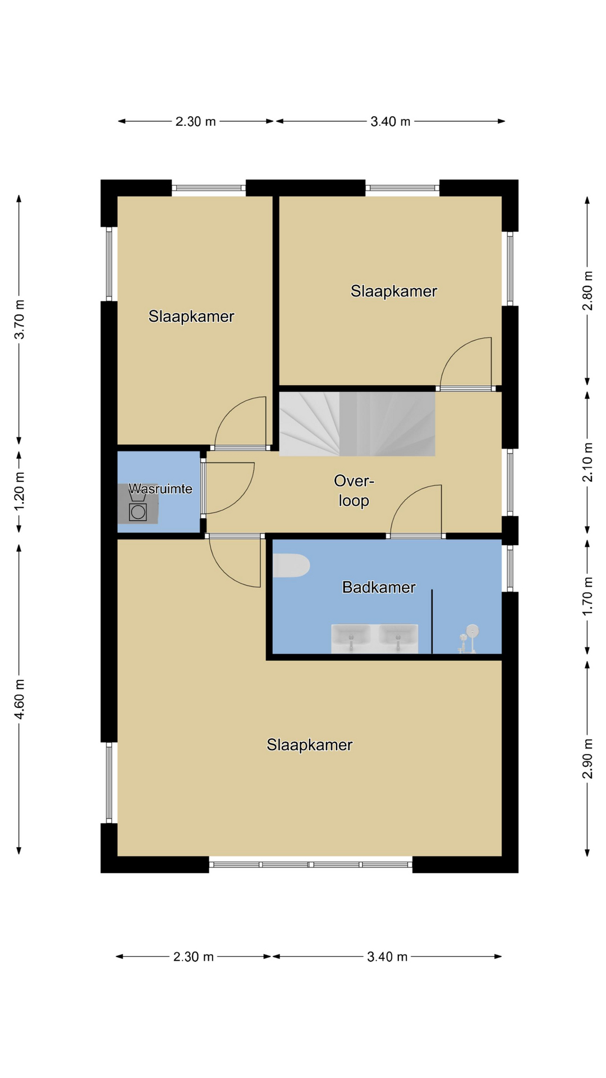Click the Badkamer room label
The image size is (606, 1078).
(x=379, y=587)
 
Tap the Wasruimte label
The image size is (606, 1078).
(x=160, y=489)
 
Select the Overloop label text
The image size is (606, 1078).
(x=354, y=491)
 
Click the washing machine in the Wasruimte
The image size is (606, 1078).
(x=138, y=511)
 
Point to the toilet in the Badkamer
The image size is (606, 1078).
(x=291, y=566)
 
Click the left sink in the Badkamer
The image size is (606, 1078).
(x=351, y=638)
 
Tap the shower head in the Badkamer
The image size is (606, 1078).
(x=473, y=631)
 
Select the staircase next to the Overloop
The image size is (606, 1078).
(x=357, y=424)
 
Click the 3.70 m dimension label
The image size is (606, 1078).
(x=20, y=319)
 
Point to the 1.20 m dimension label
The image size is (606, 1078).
(x=20, y=491)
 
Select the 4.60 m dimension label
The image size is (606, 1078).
(x=20, y=699)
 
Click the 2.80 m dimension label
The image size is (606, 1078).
(x=587, y=291)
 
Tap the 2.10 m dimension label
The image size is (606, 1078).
(x=587, y=462)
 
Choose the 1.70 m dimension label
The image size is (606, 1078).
(x=587, y=596)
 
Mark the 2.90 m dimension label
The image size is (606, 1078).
(x=587, y=759)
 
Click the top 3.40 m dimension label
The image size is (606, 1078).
(x=391, y=121)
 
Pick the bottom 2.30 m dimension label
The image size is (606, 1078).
(x=194, y=957)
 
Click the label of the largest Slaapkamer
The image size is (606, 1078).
(x=310, y=745)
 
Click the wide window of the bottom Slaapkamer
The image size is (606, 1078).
(x=311, y=865)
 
